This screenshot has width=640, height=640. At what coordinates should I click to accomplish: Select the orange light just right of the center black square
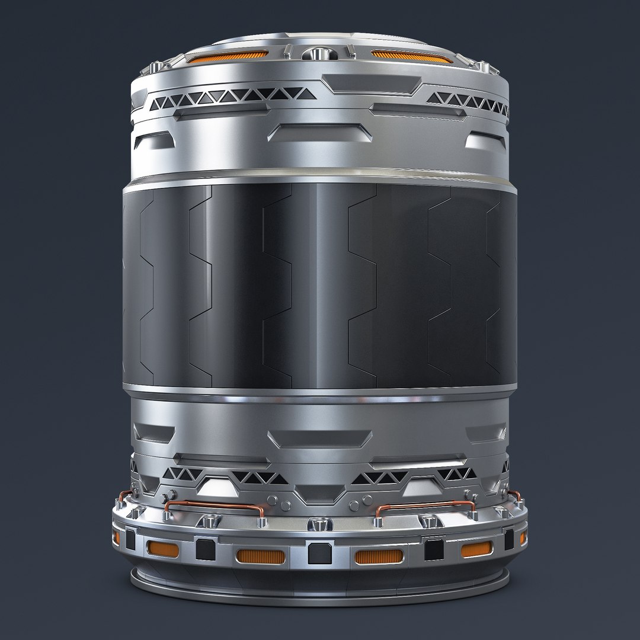pos(378,556)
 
